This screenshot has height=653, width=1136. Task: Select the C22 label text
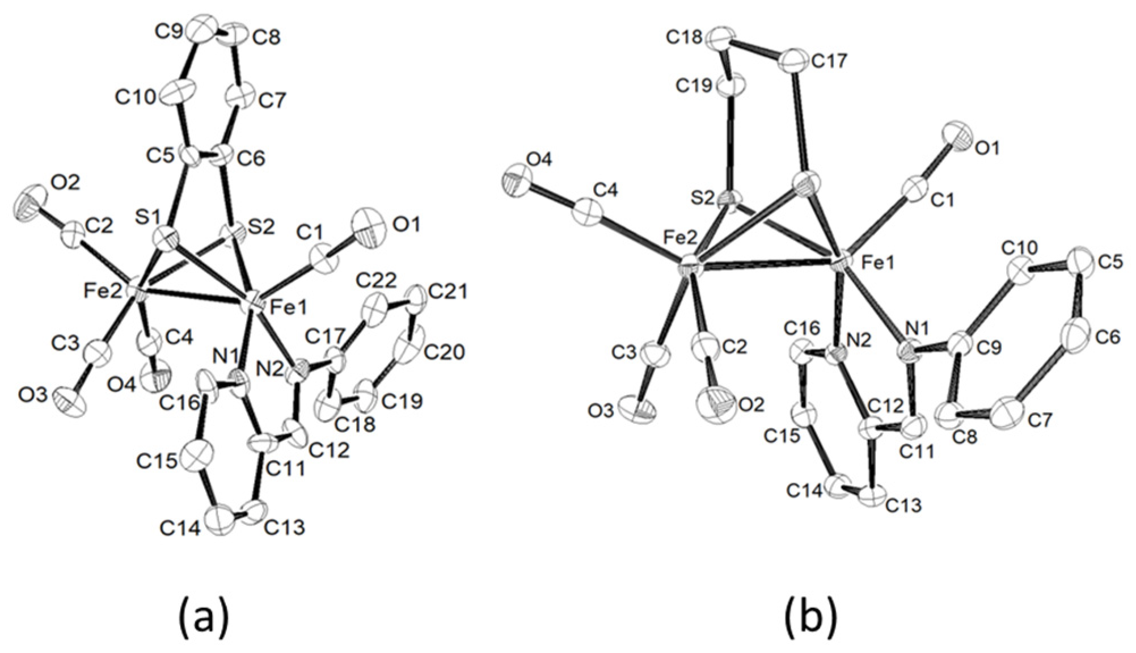click(x=376, y=280)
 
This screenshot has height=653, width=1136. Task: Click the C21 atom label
click(x=448, y=292)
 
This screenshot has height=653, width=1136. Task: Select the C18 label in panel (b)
click(x=685, y=38)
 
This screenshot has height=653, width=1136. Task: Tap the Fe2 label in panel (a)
click(x=102, y=292)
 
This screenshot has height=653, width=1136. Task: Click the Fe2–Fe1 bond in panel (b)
click(x=766, y=263)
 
